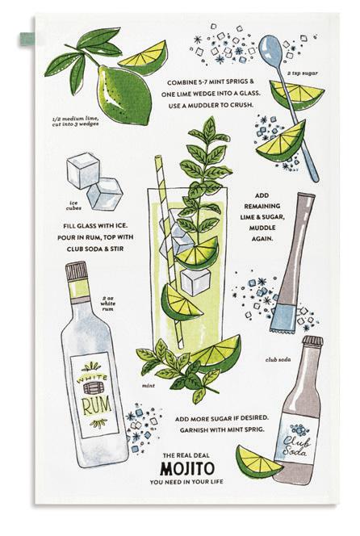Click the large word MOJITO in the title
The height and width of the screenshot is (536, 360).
187,468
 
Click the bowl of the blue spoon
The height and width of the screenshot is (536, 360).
270,52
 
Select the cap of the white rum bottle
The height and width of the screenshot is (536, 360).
77,270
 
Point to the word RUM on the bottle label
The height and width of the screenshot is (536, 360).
96,406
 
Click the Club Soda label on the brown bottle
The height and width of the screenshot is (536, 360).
297,445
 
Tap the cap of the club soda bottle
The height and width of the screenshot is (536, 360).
313,341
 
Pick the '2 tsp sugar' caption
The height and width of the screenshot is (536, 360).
302,73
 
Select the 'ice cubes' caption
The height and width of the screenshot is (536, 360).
73,206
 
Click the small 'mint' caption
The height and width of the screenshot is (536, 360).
149,386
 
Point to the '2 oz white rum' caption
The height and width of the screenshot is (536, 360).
108,304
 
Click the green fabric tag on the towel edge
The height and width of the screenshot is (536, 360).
28,39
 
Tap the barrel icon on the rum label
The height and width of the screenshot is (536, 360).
91,388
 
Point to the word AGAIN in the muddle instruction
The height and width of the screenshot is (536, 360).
262,239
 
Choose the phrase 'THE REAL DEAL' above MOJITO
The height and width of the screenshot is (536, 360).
186,455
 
